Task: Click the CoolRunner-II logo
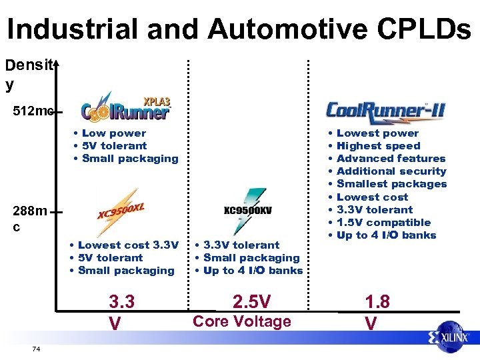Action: click(x=385, y=111)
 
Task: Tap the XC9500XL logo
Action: click(x=121, y=211)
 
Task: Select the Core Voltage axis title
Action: click(x=241, y=321)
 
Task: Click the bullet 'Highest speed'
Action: click(x=378, y=146)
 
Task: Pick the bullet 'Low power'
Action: click(x=113, y=133)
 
